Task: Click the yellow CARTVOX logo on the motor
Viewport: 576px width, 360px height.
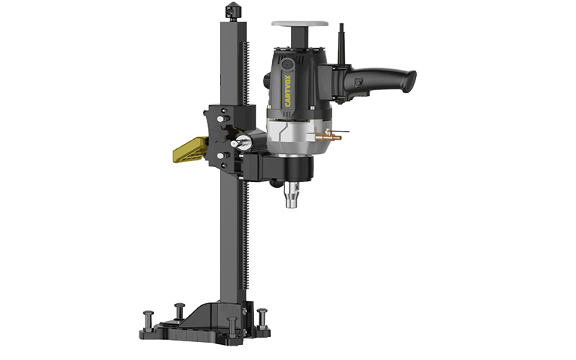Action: point(287,91)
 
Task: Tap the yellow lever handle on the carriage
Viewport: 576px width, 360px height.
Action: point(190,149)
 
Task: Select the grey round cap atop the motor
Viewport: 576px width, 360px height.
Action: point(300,24)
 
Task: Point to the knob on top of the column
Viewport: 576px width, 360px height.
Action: point(232,12)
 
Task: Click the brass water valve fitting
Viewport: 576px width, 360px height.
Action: point(329,137)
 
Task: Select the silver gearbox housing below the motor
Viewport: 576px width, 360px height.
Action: point(298,138)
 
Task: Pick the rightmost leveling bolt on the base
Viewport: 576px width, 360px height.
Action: point(262,318)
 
